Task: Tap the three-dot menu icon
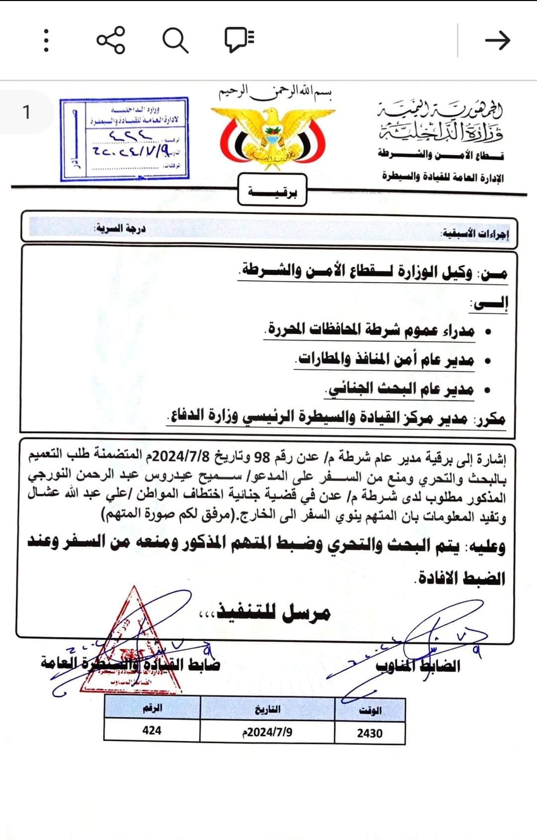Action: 46,40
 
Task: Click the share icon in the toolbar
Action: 111,40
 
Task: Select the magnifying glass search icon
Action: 175,40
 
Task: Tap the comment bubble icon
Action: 239,39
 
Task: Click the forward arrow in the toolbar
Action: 497,40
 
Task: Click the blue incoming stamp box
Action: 124,139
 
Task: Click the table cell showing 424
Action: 152,730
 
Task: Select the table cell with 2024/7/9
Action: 267,732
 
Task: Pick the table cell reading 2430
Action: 369,733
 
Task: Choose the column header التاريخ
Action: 268,709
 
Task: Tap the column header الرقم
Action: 152,708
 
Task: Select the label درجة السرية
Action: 120,230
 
